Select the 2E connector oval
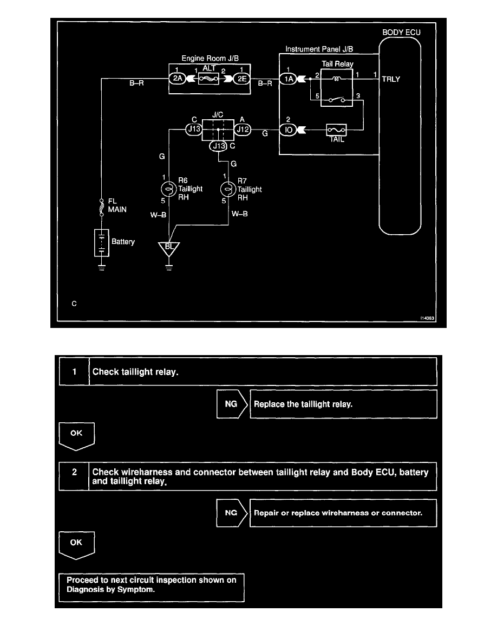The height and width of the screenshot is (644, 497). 240,78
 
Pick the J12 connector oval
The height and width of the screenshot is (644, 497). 242,130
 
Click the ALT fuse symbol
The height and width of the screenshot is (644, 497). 209,78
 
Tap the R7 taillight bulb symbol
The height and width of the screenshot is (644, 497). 227,189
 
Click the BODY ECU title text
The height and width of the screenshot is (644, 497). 401,33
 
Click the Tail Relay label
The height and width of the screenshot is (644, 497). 337,63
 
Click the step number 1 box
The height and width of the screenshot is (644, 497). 74,371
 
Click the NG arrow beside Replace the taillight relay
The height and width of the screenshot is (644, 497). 232,404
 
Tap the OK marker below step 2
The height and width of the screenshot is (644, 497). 77,544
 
